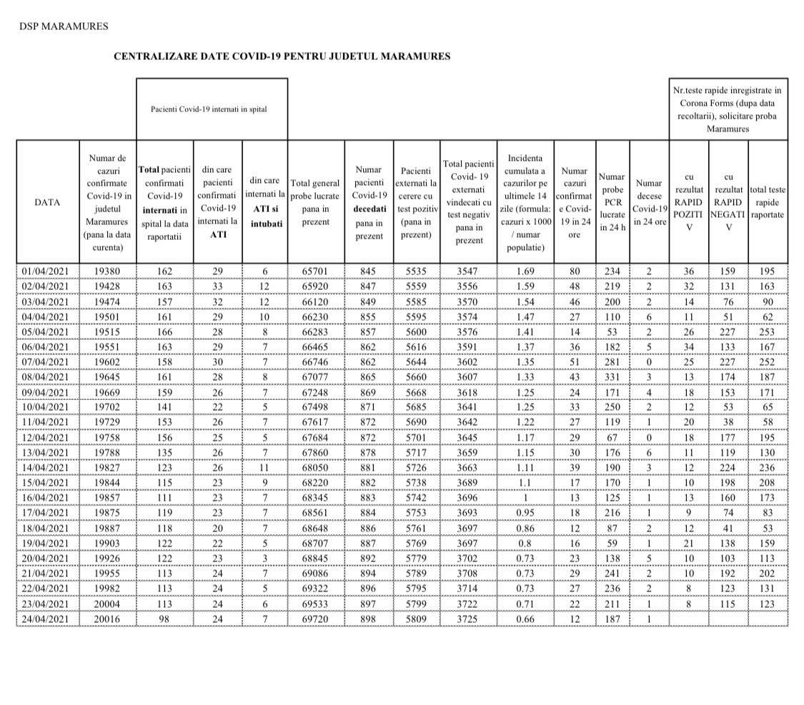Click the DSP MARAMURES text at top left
click(x=64, y=26)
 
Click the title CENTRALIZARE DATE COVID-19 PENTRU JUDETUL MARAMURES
click(x=282, y=56)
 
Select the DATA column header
click(x=47, y=202)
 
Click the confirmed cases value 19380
click(x=107, y=271)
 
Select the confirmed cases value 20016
click(x=107, y=619)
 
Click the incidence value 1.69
click(x=525, y=271)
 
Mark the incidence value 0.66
click(x=525, y=619)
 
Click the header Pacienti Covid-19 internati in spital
click(x=209, y=109)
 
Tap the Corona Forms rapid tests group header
click(x=727, y=109)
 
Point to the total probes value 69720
click(x=315, y=619)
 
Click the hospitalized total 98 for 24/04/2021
click(x=165, y=619)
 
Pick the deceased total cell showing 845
click(x=369, y=271)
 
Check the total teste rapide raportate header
click(x=768, y=202)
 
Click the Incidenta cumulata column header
click(x=525, y=202)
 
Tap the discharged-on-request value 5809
click(x=416, y=619)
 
